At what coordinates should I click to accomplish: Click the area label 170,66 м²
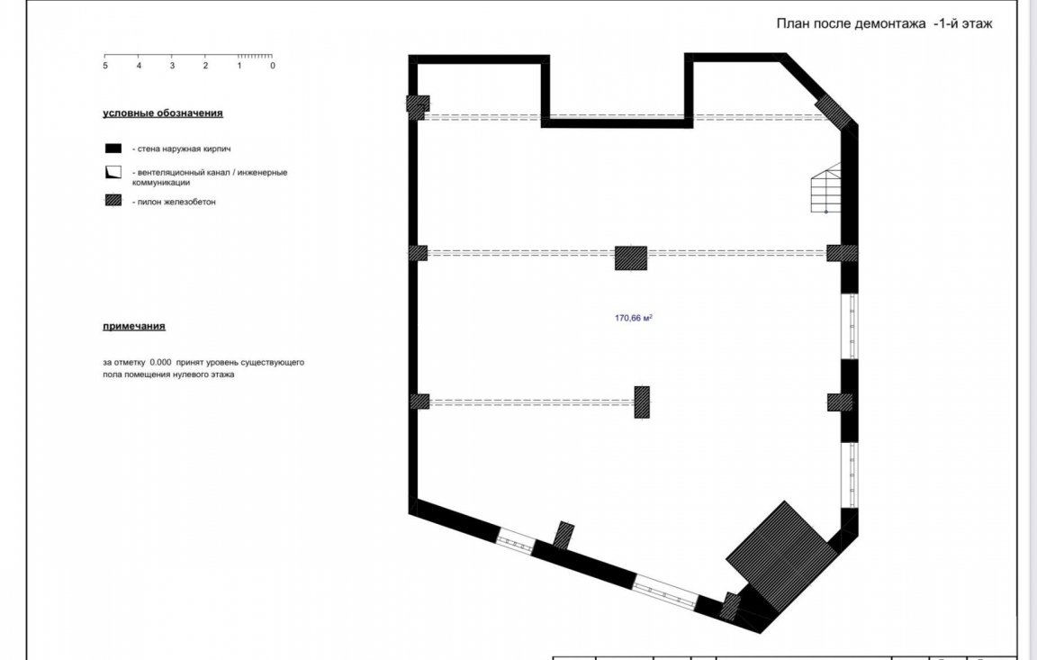[633, 318]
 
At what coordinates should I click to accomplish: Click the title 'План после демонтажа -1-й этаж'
[884, 23]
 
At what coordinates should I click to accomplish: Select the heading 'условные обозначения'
[162, 113]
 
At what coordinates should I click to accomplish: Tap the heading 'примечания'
[133, 326]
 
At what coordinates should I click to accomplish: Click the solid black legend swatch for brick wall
[113, 149]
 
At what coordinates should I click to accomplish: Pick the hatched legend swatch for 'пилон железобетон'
[113, 202]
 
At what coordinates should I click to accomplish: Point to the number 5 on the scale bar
[105, 66]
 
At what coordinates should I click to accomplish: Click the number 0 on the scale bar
[272, 66]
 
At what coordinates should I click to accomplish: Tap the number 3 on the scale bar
[172, 66]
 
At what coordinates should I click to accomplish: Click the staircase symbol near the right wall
[825, 189]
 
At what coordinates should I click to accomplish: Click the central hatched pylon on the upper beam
[631, 258]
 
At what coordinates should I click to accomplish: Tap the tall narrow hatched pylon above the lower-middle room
[642, 402]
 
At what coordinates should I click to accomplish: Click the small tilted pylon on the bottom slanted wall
[564, 535]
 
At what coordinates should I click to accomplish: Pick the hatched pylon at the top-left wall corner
[417, 107]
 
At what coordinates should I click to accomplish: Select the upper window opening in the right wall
[848, 326]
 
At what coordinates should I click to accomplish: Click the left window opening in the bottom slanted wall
[516, 541]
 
